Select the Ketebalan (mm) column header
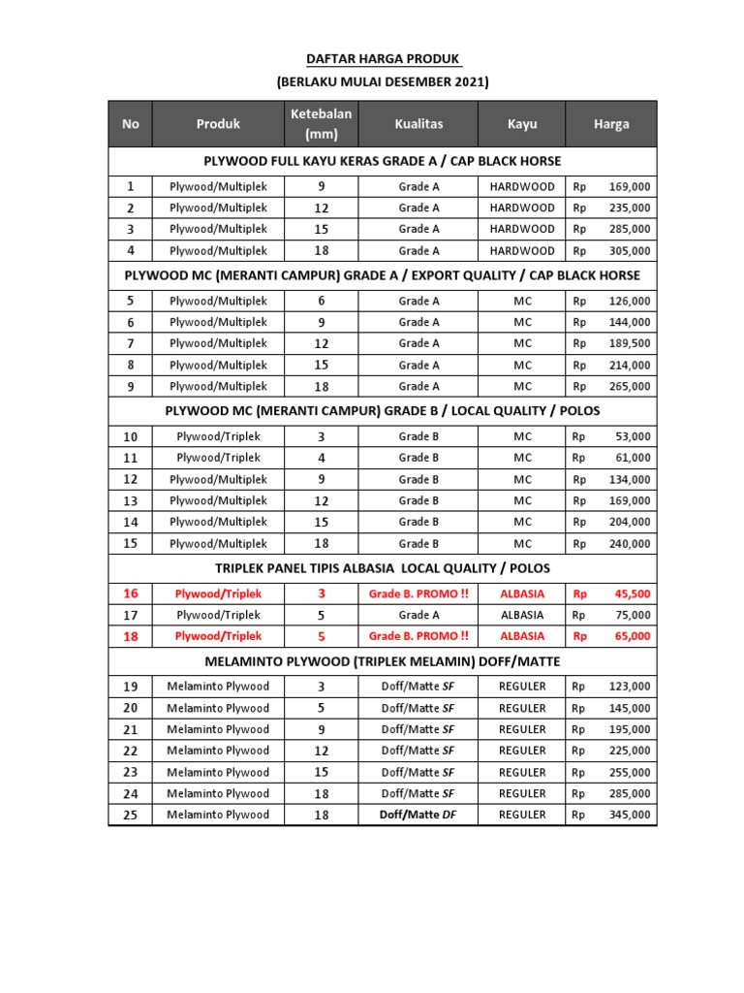pos(321,124)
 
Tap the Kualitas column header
pos(418,124)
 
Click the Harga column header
pos(611,124)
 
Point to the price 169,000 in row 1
pos(629,186)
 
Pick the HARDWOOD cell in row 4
pos(522,250)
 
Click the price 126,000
pos(629,301)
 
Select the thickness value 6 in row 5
pos(321,301)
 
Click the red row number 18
pos(131,636)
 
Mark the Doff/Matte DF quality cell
pos(418,815)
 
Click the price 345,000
pos(629,815)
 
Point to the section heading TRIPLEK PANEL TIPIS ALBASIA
pos(383,567)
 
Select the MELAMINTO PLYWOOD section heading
pos(383,661)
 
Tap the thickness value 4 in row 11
pos(321,458)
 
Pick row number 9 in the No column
pos(131,386)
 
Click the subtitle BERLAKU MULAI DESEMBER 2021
pos(383,82)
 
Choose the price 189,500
pos(629,343)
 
